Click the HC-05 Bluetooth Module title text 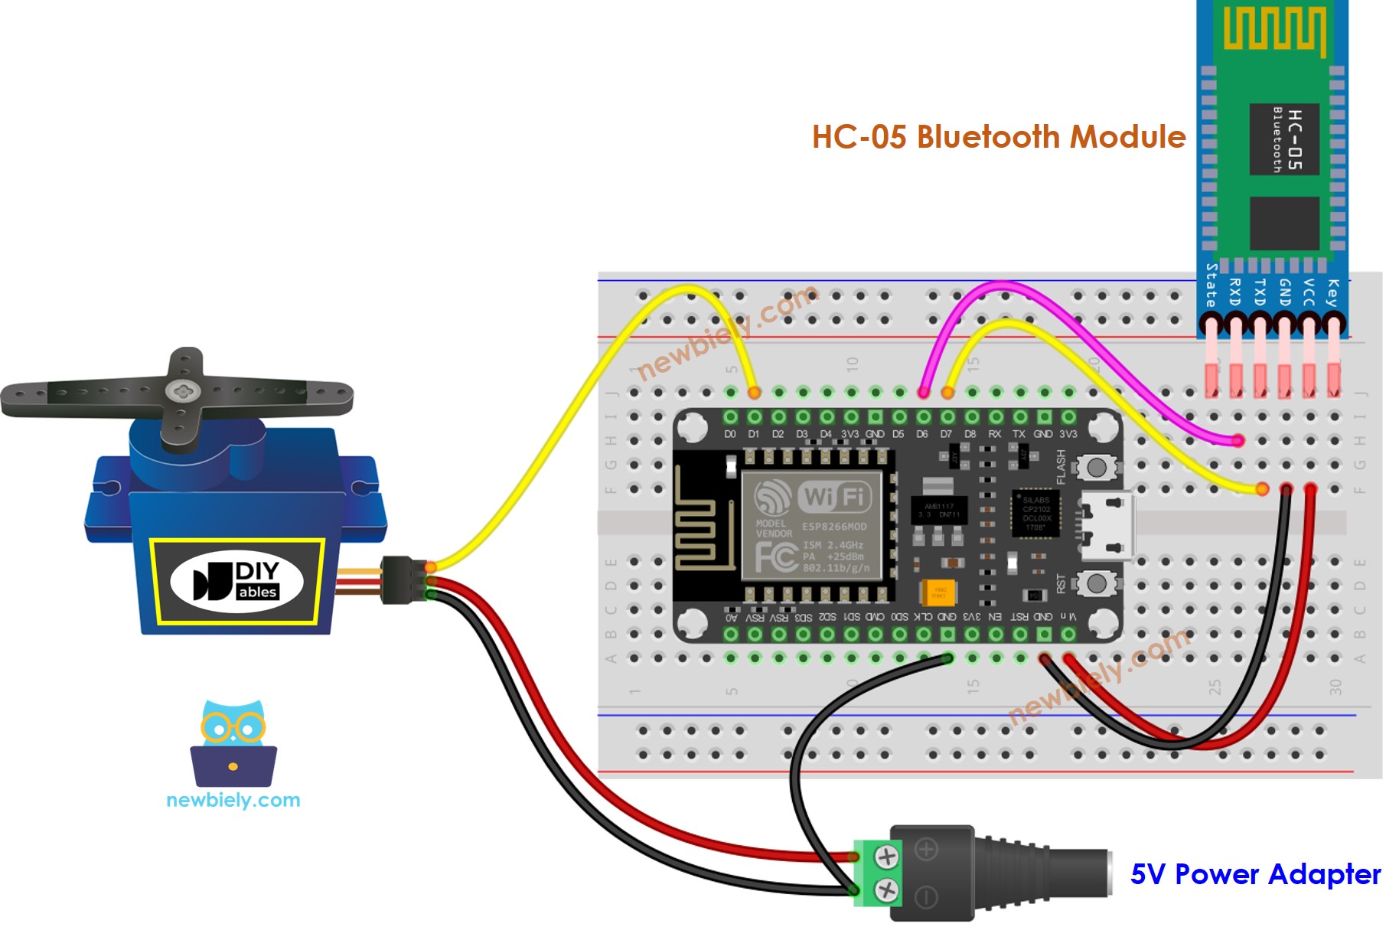pyautogui.click(x=998, y=137)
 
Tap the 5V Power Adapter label pyautogui.click(x=1255, y=873)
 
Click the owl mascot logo pyautogui.click(x=233, y=743)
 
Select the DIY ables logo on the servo pyautogui.click(x=236, y=581)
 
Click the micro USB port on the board pyautogui.click(x=1107, y=526)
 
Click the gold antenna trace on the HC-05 pyautogui.click(x=1274, y=30)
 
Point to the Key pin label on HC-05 pyautogui.click(x=1332, y=293)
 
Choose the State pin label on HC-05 pyautogui.click(x=1211, y=286)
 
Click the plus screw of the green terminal pyautogui.click(x=886, y=856)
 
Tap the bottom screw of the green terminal pyautogui.click(x=886, y=889)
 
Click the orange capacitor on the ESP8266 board pyautogui.click(x=938, y=592)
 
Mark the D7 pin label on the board pyautogui.click(x=947, y=434)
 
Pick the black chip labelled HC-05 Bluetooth pyautogui.click(x=1284, y=139)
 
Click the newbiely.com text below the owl pyautogui.click(x=233, y=800)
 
